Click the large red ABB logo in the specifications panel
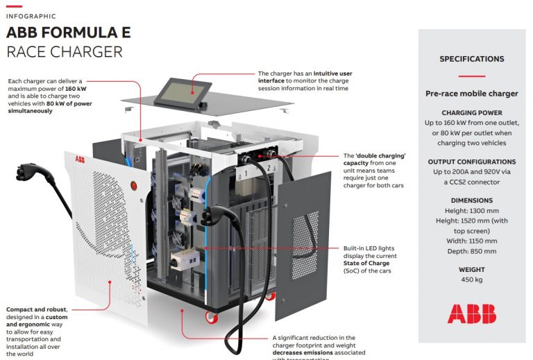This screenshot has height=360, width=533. (x=471, y=314)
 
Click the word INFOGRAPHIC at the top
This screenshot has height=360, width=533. (x=31, y=16)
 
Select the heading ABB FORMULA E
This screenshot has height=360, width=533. (x=68, y=33)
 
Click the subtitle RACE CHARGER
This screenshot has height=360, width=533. (x=64, y=52)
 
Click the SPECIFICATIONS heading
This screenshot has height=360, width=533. (x=471, y=59)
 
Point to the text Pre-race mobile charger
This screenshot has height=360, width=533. (x=471, y=94)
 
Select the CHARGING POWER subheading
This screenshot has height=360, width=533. (x=471, y=112)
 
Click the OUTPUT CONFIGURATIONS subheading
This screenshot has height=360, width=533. (x=471, y=161)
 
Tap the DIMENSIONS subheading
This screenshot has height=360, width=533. (x=471, y=200)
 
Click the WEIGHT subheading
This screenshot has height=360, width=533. (x=471, y=270)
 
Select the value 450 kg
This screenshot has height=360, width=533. (x=471, y=280)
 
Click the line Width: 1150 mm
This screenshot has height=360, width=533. (x=471, y=241)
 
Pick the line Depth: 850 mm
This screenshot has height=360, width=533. (x=471, y=251)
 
